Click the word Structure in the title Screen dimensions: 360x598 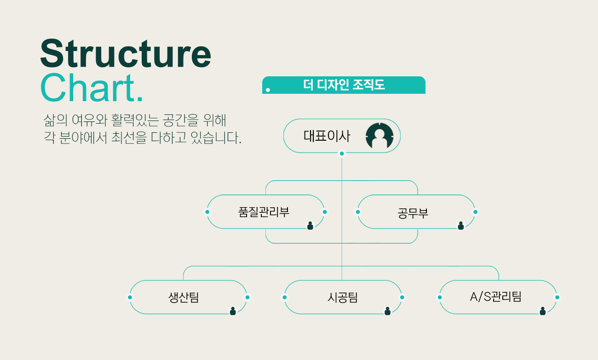(x=125, y=54)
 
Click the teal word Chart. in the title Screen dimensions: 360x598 (x=92, y=88)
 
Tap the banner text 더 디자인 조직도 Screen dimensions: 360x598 (x=344, y=85)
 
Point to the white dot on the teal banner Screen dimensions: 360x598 (x=268, y=90)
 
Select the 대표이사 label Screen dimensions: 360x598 (x=327, y=136)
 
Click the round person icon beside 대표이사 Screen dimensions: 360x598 (x=379, y=136)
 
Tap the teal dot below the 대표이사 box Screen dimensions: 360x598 (x=342, y=154)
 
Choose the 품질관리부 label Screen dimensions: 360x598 (x=264, y=212)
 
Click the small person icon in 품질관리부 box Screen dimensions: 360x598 (x=310, y=225)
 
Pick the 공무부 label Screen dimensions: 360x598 (x=413, y=213)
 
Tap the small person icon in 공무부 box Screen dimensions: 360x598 (x=460, y=225)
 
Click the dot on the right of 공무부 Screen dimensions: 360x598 (x=475, y=212)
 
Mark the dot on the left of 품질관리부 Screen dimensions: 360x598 (x=207, y=212)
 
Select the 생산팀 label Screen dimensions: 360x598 (x=184, y=297)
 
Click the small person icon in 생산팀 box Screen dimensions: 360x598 (x=233, y=311)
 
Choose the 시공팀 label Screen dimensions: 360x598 (x=342, y=297)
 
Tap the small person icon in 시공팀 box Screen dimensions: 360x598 (x=387, y=311)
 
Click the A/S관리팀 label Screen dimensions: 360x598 (x=495, y=297)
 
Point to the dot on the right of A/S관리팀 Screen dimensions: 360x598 (x=557, y=297)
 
